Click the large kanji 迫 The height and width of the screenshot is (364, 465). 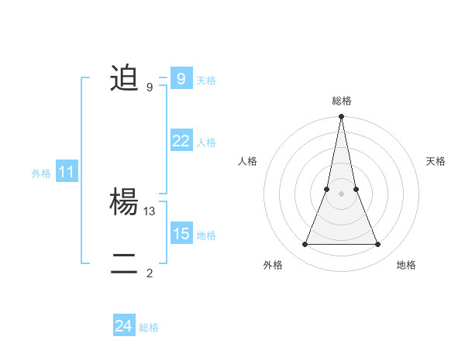click(x=124, y=79)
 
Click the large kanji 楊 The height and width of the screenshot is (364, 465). click(x=124, y=203)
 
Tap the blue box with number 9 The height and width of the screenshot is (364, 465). click(x=181, y=79)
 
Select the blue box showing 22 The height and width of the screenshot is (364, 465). click(x=181, y=141)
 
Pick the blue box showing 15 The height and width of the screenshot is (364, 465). click(x=181, y=234)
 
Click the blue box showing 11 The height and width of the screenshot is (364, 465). click(x=66, y=173)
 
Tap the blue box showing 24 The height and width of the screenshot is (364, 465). click(x=123, y=327)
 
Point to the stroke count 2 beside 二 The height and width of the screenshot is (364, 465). click(x=150, y=273)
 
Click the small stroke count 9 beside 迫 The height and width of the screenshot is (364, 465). click(x=150, y=88)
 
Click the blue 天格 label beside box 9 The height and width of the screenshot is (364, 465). click(x=206, y=81)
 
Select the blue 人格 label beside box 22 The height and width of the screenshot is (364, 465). click(x=206, y=143)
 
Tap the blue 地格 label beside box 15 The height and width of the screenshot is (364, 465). click(x=206, y=235)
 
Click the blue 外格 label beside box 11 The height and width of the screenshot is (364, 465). click(x=41, y=174)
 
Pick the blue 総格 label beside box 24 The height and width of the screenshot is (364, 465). click(x=149, y=328)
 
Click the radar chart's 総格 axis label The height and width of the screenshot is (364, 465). click(x=341, y=101)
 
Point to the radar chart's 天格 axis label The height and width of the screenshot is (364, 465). click(x=436, y=161)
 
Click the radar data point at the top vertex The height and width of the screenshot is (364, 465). click(x=341, y=117)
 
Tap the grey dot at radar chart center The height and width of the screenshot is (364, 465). click(x=341, y=194)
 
